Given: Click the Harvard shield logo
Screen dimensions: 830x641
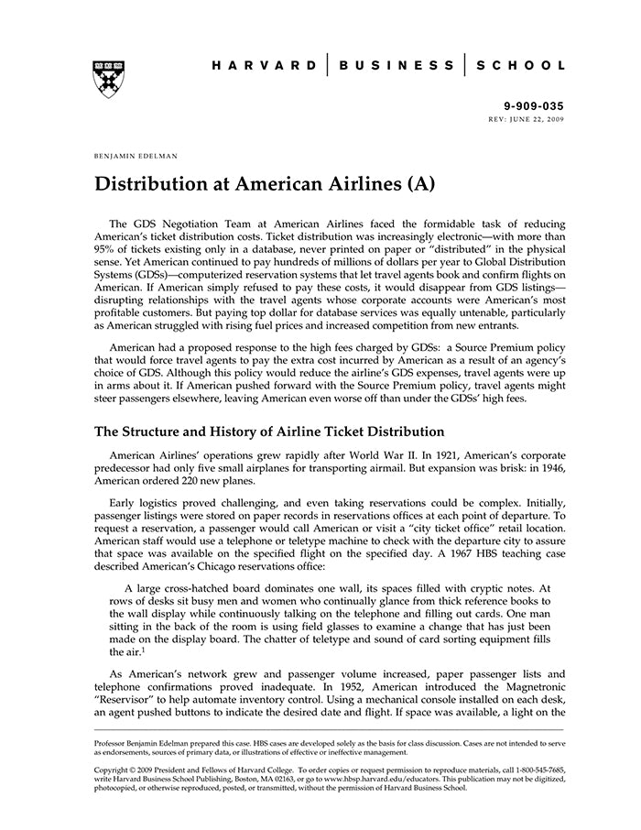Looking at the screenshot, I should pos(109,80).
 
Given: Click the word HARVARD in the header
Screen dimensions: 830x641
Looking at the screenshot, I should pos(264,66).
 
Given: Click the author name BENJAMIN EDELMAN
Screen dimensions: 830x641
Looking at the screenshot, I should pos(136,157).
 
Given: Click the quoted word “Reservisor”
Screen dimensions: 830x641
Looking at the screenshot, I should pos(126,700).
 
